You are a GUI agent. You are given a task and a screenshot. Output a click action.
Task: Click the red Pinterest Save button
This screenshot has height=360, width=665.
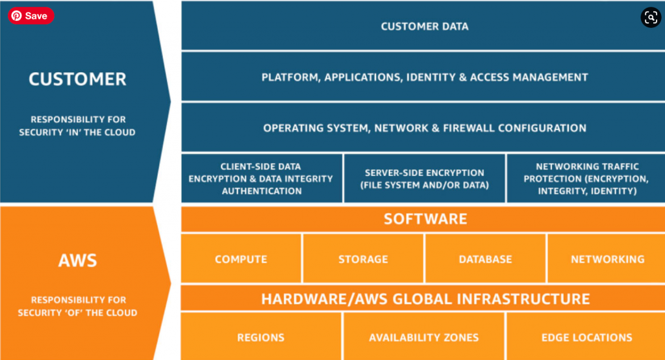(31, 16)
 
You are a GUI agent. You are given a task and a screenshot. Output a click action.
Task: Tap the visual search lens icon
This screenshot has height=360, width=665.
(651, 18)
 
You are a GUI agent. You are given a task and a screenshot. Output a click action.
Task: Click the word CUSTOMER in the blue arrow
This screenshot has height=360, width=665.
(78, 79)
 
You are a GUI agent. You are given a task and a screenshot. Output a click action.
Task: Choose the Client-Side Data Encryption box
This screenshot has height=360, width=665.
(262, 178)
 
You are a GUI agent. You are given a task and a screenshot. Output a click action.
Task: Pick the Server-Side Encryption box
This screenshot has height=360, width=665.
(425, 178)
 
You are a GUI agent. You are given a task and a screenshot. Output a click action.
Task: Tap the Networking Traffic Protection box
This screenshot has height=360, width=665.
(586, 178)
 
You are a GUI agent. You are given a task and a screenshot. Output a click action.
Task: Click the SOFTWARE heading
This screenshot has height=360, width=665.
(425, 218)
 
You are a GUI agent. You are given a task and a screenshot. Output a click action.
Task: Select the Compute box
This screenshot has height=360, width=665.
(241, 259)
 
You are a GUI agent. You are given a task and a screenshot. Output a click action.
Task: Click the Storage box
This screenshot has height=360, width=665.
(363, 259)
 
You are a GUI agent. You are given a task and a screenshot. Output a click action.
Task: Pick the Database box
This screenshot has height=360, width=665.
(485, 259)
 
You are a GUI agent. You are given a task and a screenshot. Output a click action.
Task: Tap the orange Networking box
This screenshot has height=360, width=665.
(607, 259)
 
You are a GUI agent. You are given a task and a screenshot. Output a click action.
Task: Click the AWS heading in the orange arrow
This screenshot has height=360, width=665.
(78, 260)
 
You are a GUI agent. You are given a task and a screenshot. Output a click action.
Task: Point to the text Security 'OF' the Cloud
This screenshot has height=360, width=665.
(78, 313)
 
